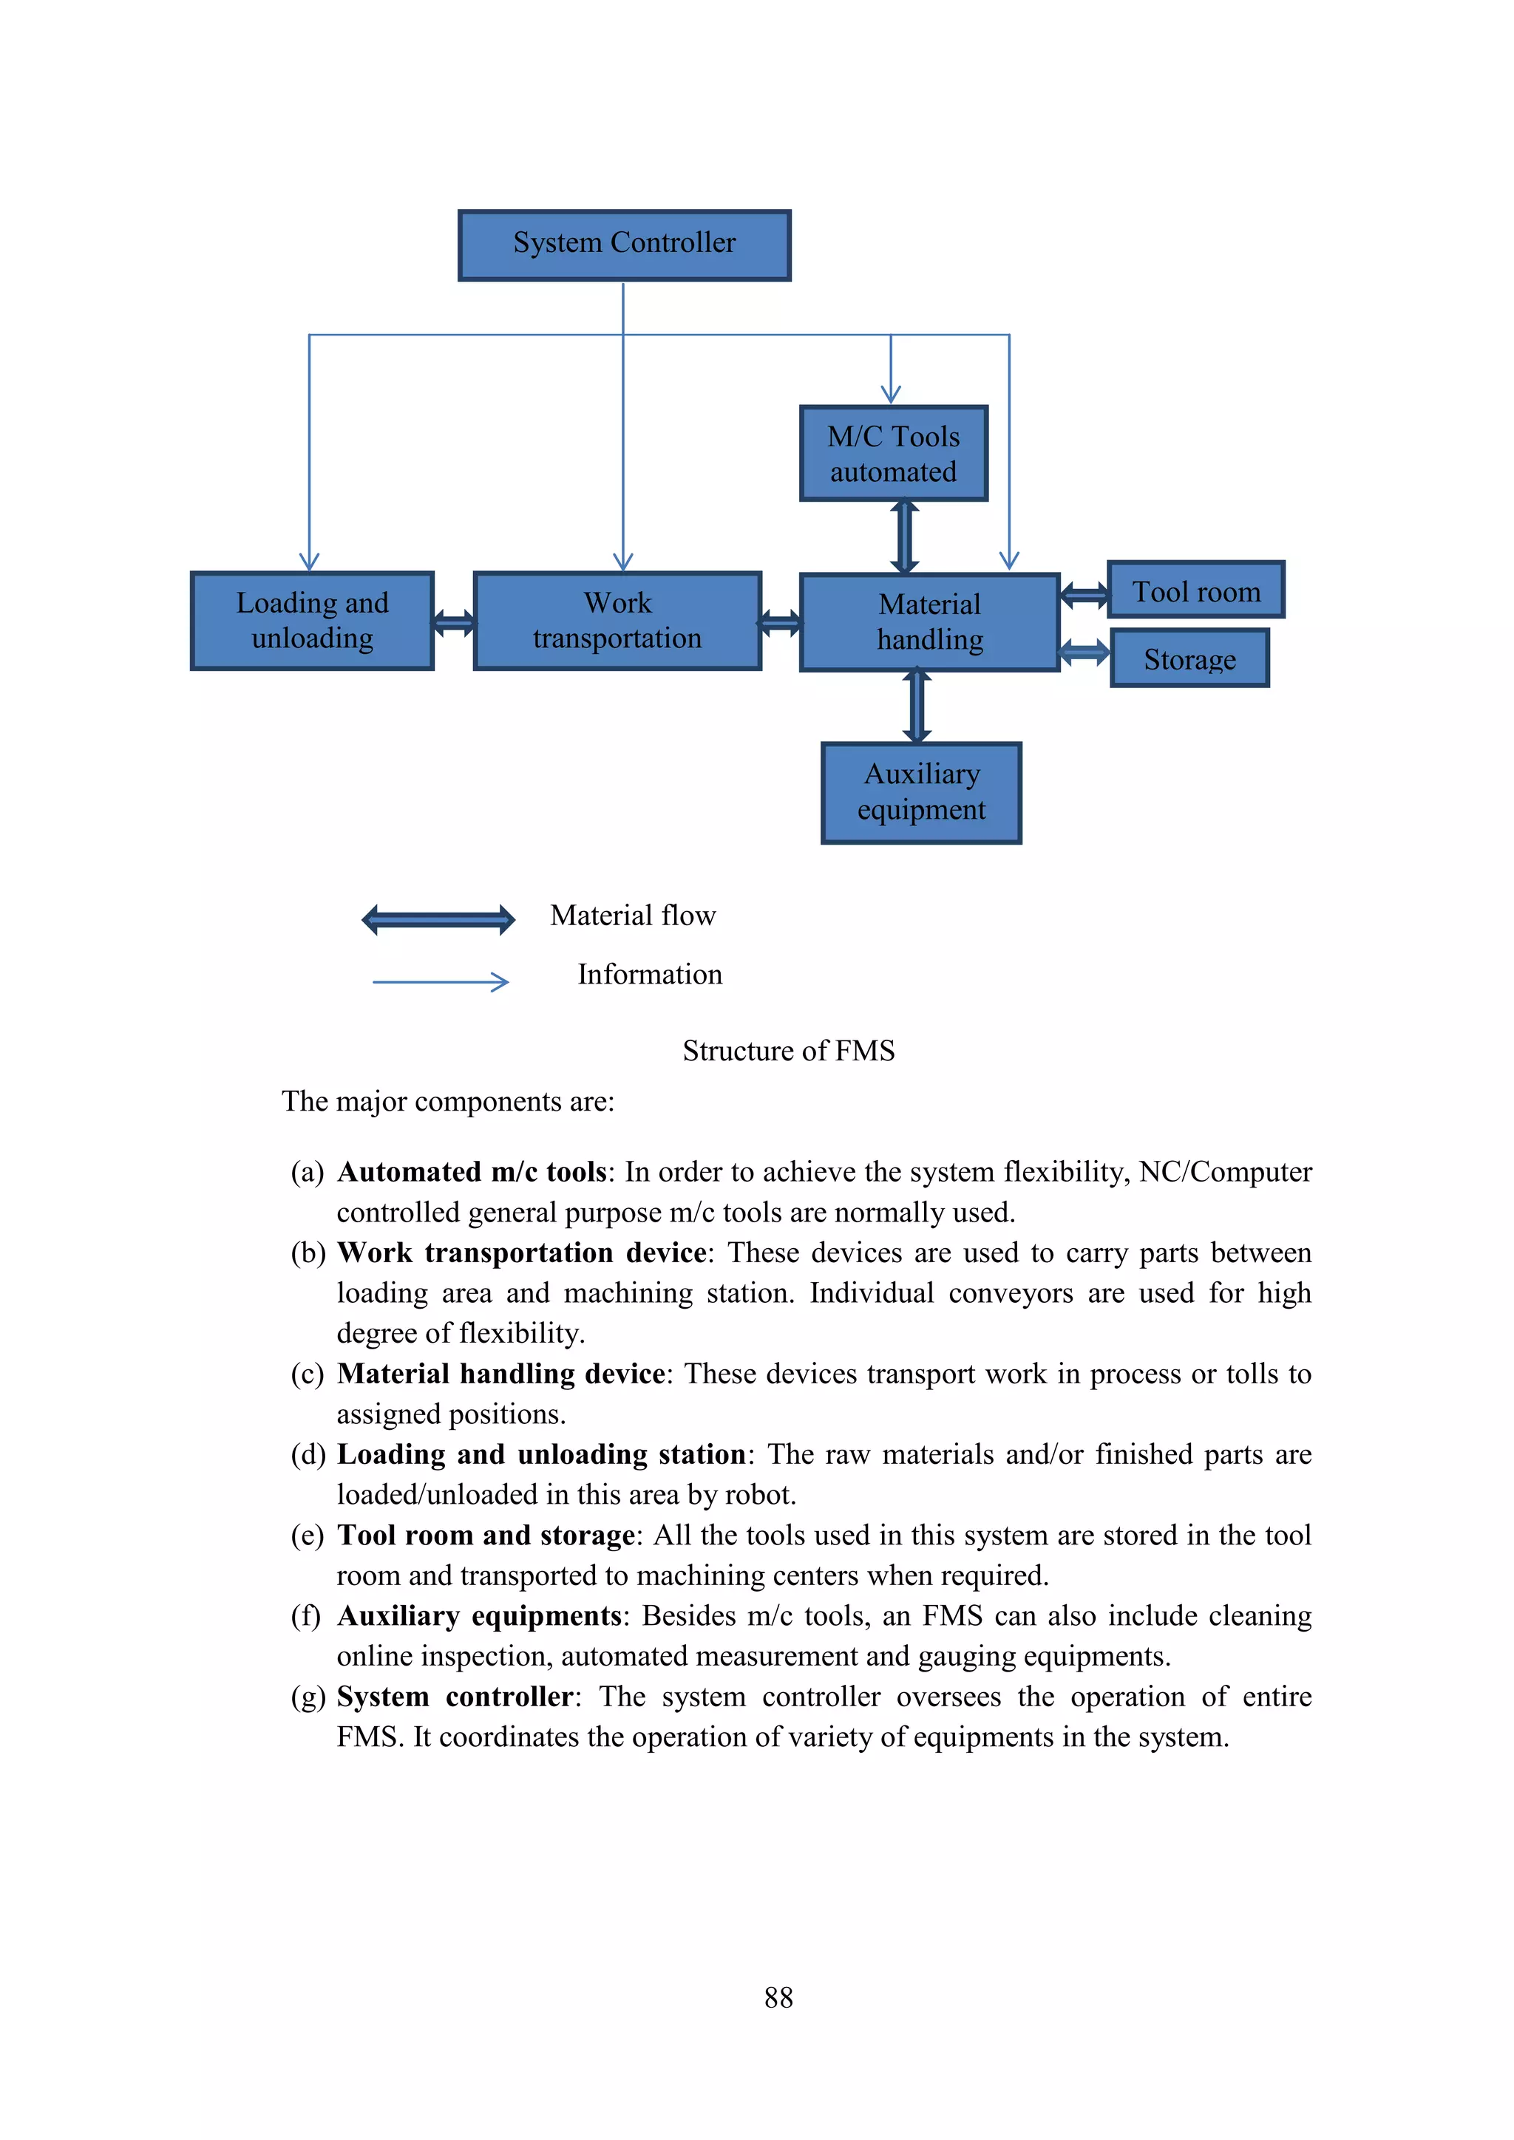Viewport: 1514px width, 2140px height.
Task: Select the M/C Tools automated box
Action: pyautogui.click(x=893, y=454)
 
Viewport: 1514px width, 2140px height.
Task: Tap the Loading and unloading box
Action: pyautogui.click(x=312, y=621)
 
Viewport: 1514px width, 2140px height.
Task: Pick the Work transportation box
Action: pyautogui.click(x=617, y=621)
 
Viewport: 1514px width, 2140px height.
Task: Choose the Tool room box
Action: pyautogui.click(x=1195, y=590)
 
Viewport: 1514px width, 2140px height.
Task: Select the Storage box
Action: pyautogui.click(x=1189, y=659)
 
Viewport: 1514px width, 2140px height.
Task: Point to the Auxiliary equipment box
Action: pyautogui.click(x=921, y=792)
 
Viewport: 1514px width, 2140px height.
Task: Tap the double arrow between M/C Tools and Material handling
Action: pyautogui.click(x=904, y=537)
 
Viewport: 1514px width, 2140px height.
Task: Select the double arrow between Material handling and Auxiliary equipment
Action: pyautogui.click(x=917, y=706)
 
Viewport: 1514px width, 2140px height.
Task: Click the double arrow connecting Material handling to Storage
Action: pyautogui.click(x=1085, y=652)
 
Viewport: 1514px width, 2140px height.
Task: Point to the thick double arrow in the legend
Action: pyautogui.click(x=438, y=920)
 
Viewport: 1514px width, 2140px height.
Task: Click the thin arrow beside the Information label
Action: pyautogui.click(x=441, y=981)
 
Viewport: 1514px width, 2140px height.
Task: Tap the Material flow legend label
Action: pyautogui.click(x=633, y=916)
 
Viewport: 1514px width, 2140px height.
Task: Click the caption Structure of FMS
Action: pyautogui.click(x=788, y=1051)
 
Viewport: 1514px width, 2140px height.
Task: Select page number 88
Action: pyautogui.click(x=778, y=1997)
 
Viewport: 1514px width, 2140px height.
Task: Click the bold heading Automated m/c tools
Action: pyautogui.click(x=472, y=1171)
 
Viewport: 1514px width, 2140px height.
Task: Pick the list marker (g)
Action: pyautogui.click(x=308, y=1697)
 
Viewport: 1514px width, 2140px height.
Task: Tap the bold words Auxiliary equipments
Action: pyautogui.click(x=479, y=1615)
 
